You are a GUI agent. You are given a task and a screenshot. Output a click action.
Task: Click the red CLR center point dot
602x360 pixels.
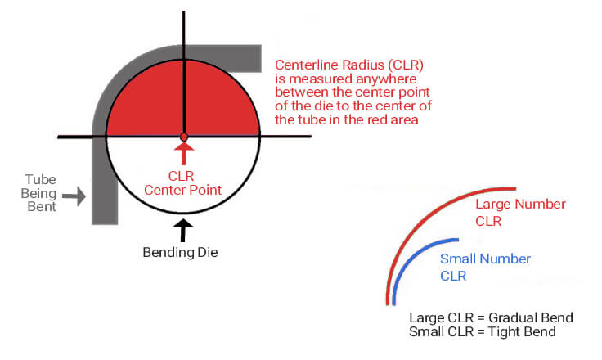tap(184, 137)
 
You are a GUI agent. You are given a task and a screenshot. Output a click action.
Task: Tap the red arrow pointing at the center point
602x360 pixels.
tap(184, 154)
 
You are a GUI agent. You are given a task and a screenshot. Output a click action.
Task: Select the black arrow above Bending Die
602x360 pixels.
tap(183, 230)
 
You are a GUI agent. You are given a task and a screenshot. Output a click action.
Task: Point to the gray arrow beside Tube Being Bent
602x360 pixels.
tap(74, 196)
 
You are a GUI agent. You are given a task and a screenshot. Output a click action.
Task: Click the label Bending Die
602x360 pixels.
tap(180, 253)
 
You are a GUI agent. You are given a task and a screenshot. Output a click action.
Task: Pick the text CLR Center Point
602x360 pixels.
tap(182, 183)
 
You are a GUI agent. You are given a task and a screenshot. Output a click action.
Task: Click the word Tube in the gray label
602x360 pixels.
tap(40, 179)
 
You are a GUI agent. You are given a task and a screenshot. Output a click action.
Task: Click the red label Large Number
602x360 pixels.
tap(520, 204)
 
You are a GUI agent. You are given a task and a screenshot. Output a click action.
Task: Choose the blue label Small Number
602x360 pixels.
tap(485, 259)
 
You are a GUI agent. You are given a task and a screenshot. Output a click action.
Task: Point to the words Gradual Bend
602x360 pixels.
tap(531, 317)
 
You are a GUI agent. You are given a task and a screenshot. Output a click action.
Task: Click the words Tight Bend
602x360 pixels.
tap(522, 331)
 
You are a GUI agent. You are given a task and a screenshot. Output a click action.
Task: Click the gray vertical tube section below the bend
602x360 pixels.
tap(105, 181)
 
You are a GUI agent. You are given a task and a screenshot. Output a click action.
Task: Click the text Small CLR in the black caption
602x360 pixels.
tap(441, 331)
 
